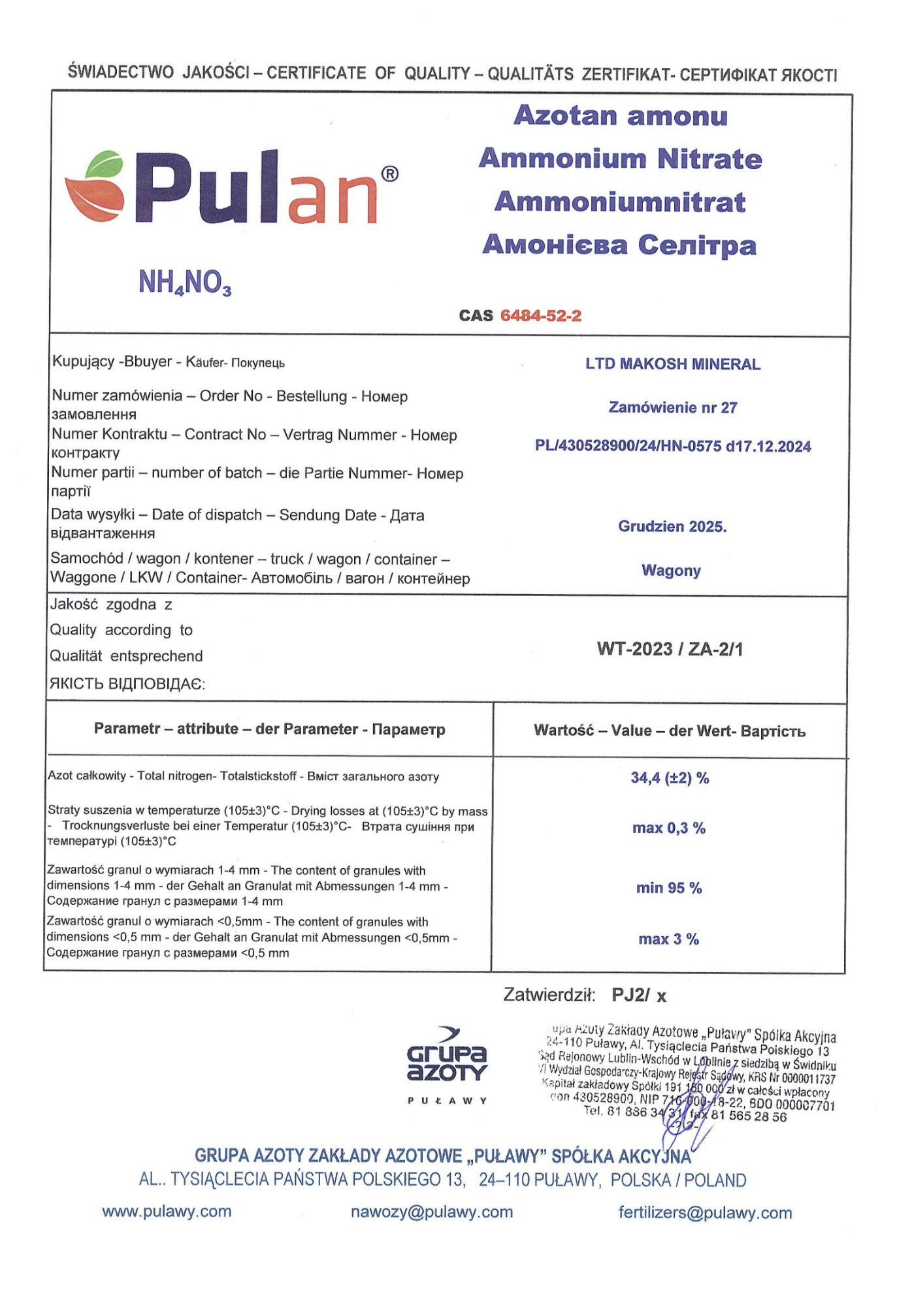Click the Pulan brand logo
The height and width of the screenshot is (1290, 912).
coord(232,188)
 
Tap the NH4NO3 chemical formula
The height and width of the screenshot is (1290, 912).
coord(185,283)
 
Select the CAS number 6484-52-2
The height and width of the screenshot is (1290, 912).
coord(540,316)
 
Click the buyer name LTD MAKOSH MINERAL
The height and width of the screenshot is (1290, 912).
coord(672,364)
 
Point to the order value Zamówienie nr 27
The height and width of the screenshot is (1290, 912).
coord(672,408)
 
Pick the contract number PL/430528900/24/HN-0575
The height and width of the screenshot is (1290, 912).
coord(672,447)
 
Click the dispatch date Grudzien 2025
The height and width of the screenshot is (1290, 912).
coord(672,527)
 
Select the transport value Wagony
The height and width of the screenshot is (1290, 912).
coord(671,571)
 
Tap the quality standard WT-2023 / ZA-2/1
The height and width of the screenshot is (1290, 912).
coord(670,649)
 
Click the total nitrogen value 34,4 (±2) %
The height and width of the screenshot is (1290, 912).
coord(670,778)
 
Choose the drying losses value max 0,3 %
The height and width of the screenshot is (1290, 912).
coord(668,828)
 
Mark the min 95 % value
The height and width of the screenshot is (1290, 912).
coord(668,889)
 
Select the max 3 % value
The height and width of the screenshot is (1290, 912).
coord(668,939)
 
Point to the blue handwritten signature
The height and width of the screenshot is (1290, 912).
coord(683,1126)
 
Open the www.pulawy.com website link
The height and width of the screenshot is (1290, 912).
coord(167,1212)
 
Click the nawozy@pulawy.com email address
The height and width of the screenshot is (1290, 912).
coord(431,1212)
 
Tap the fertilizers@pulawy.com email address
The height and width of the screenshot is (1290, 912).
coord(705,1213)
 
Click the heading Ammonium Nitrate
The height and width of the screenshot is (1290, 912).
coord(620,159)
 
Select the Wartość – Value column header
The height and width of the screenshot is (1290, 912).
coord(669,731)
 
